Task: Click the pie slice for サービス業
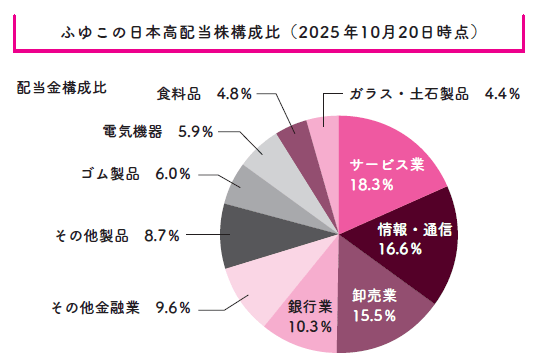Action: (x=390, y=150)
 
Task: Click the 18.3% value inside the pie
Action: (x=371, y=185)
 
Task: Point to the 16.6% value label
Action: (x=405, y=250)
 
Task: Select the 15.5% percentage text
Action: (x=375, y=316)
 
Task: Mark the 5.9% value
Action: (x=193, y=131)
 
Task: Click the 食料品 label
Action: (x=179, y=95)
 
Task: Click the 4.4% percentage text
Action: (x=501, y=95)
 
